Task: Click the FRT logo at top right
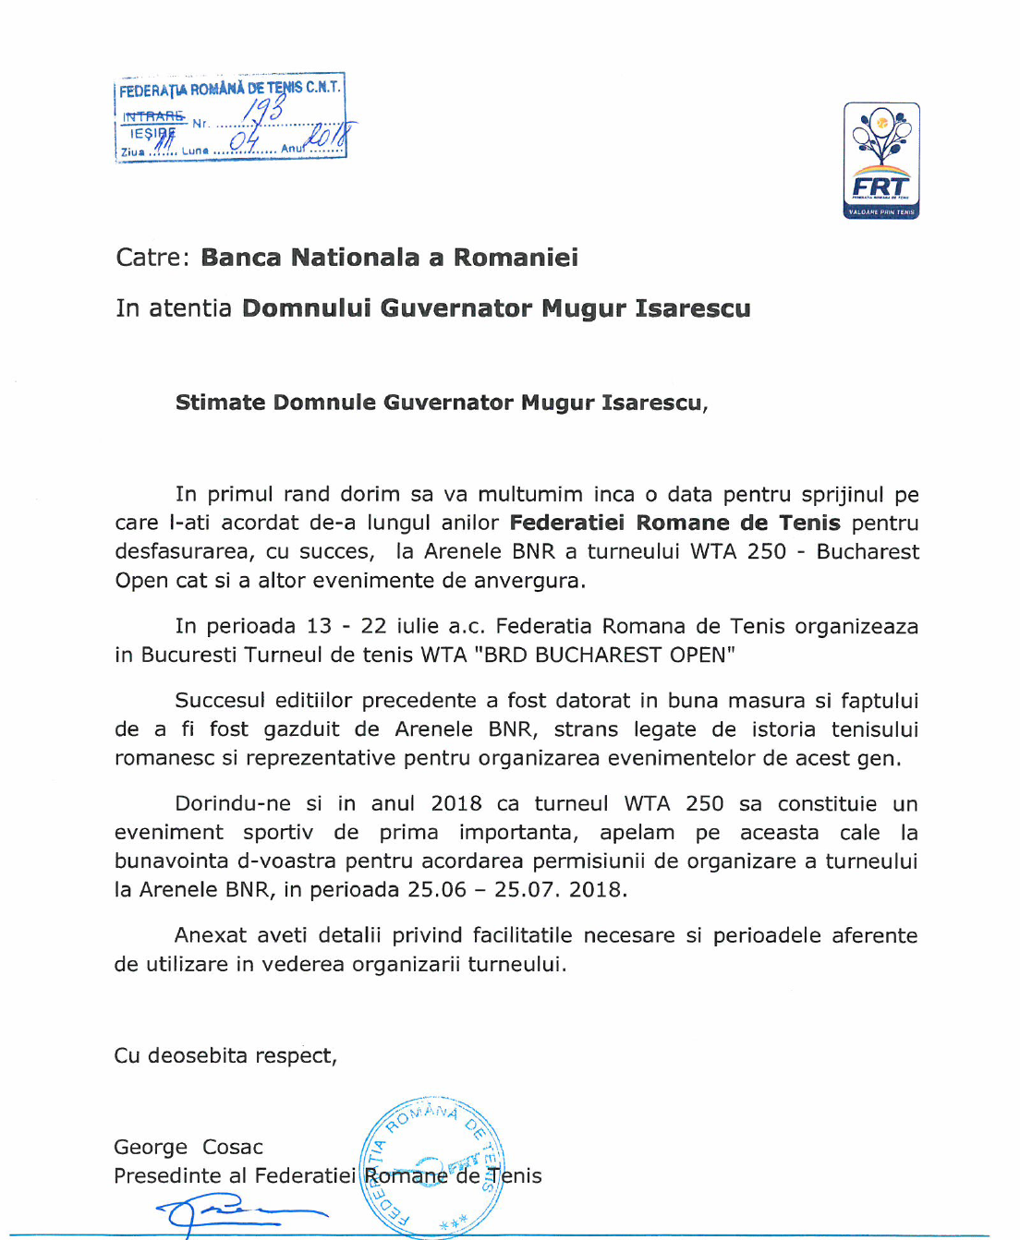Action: (x=881, y=161)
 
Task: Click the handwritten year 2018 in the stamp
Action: (x=330, y=137)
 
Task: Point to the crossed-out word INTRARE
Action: (x=153, y=116)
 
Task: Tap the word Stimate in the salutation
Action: (x=220, y=403)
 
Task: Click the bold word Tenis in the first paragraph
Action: (x=809, y=524)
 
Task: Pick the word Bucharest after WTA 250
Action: (x=868, y=552)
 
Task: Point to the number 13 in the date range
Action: (x=319, y=626)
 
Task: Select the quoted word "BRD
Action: (x=504, y=655)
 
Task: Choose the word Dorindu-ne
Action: (x=233, y=804)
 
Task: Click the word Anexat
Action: (x=210, y=935)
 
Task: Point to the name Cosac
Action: (x=233, y=1147)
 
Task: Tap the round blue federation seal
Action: (x=432, y=1166)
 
